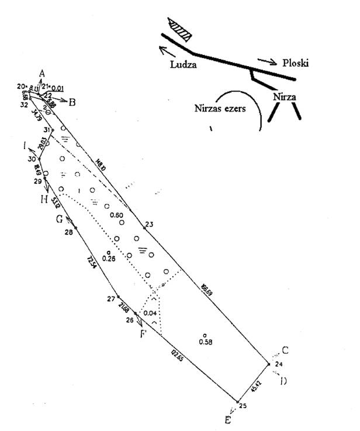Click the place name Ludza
click(x=184, y=64)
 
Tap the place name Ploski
click(x=298, y=63)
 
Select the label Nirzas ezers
click(x=220, y=108)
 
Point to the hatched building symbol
click(x=179, y=29)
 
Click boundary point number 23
click(x=148, y=224)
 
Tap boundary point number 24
click(x=279, y=364)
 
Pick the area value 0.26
click(x=108, y=257)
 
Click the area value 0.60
click(x=117, y=216)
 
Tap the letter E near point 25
click(x=228, y=420)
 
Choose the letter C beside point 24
click(x=285, y=350)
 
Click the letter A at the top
click(x=41, y=73)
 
